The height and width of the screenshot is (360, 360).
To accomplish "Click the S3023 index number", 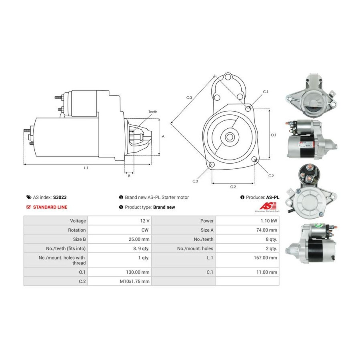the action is pyautogui.click(x=60, y=197).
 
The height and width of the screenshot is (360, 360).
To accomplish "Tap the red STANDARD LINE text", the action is pyautogui.click(x=50, y=207).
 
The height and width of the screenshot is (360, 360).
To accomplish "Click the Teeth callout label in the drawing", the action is pyautogui.click(x=153, y=112).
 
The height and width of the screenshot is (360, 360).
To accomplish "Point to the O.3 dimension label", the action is pyautogui.click(x=189, y=98).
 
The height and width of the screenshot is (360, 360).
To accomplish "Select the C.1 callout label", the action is pyautogui.click(x=266, y=92).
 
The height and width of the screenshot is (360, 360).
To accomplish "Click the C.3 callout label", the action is pyautogui.click(x=195, y=181).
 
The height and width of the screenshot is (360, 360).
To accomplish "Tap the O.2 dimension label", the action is pyautogui.click(x=233, y=187).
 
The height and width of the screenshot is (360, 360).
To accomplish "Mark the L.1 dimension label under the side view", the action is pyautogui.click(x=86, y=168).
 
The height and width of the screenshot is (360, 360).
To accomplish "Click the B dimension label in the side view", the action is pyautogui.click(x=129, y=176).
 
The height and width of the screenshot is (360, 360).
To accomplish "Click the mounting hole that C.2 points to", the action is pyautogui.click(x=254, y=159).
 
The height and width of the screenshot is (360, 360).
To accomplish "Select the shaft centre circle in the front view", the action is pyautogui.click(x=229, y=137).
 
